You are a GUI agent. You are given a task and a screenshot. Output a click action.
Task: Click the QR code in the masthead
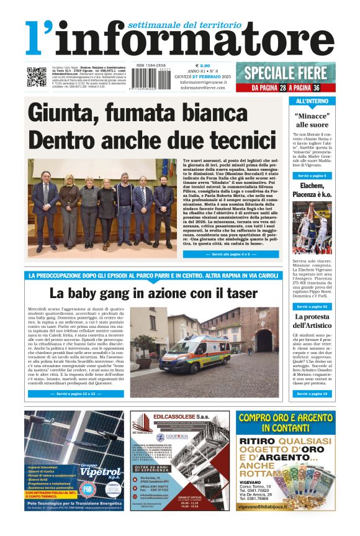coord(35,76)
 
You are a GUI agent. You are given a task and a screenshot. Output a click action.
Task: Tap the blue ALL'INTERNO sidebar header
coord(312,101)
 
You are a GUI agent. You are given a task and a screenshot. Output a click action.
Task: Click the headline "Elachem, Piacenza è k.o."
coord(312,190)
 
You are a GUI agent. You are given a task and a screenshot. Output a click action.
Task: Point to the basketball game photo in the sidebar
coord(312,228)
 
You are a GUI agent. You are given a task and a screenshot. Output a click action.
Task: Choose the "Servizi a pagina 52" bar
coord(312,307)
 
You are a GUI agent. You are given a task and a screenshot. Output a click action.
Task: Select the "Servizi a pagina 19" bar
coord(312,394)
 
